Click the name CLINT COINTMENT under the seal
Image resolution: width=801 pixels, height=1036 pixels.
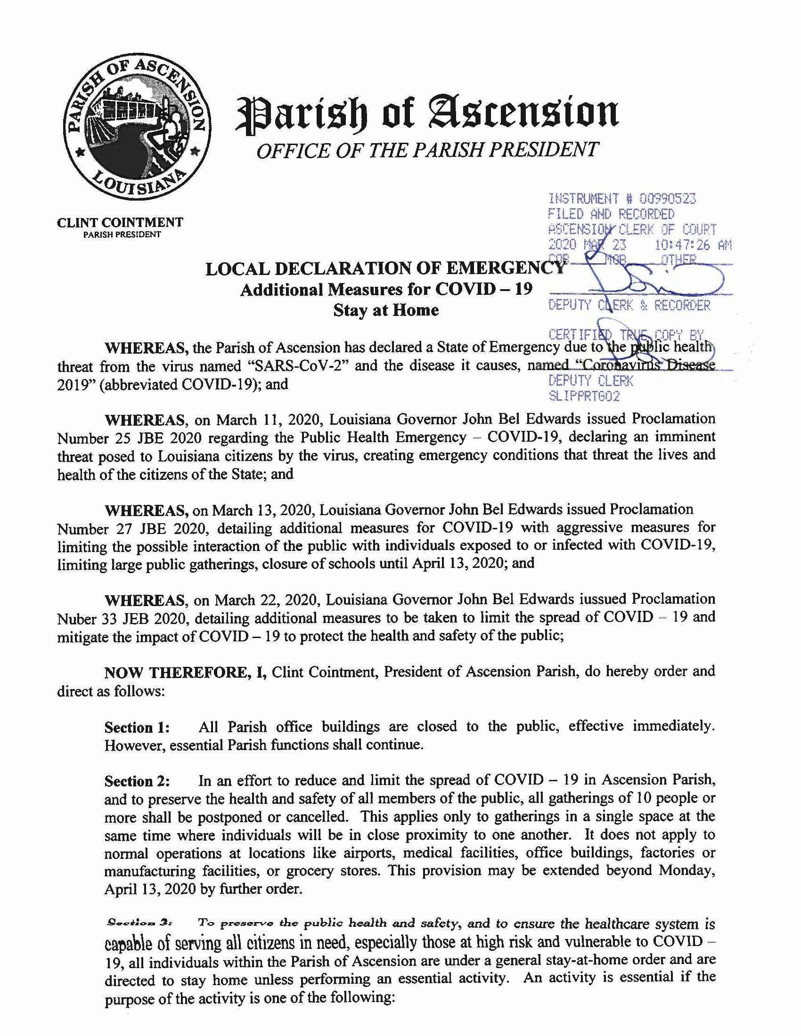120,222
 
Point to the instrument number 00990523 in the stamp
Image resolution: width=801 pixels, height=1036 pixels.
667,199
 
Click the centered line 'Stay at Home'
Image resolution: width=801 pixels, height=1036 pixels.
386,311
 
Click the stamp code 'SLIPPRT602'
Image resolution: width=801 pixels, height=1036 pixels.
584,396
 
